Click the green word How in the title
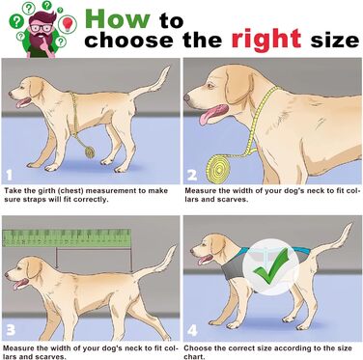[x=117, y=18]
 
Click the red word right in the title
[x=266, y=40]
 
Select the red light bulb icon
[x=68, y=23]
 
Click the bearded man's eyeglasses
[x=41, y=27]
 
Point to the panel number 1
[x=10, y=176]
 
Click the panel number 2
[x=192, y=176]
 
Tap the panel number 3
[x=11, y=330]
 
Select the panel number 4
[x=192, y=330]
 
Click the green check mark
[x=271, y=266]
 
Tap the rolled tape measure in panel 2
[x=219, y=168]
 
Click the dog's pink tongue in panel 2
[x=209, y=114]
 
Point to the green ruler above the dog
[x=67, y=238]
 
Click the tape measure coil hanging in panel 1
[x=90, y=152]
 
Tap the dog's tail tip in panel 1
[x=168, y=68]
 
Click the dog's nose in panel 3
[x=7, y=275]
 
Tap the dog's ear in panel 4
[x=218, y=245]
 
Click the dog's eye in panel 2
[x=210, y=86]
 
